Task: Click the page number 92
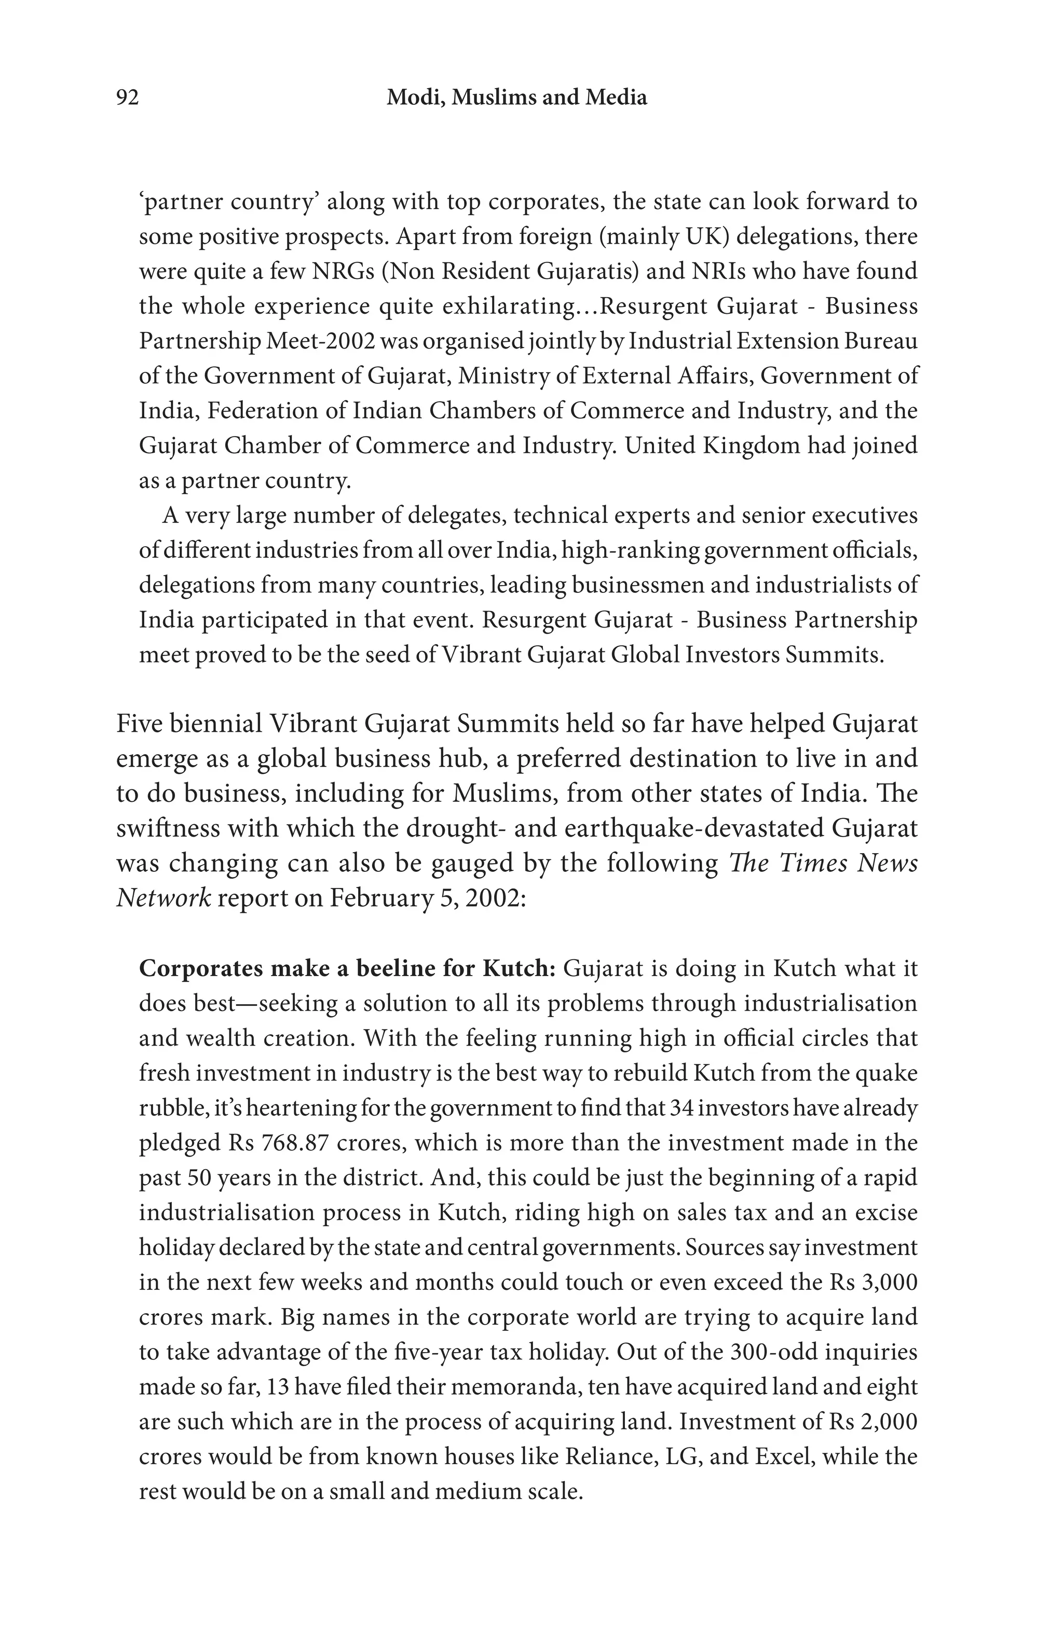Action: point(128,98)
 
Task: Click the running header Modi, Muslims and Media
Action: point(516,98)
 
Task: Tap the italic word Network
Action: point(163,898)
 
